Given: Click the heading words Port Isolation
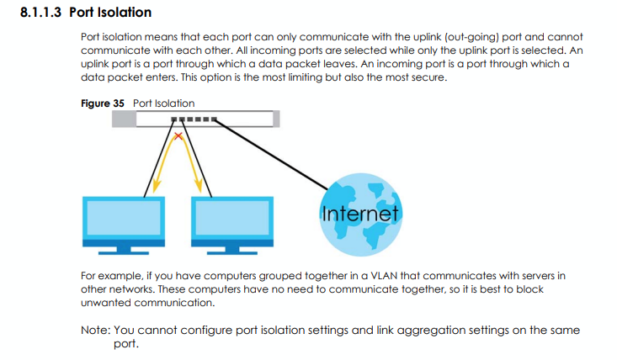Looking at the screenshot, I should [x=109, y=13].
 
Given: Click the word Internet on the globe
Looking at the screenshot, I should [x=359, y=214].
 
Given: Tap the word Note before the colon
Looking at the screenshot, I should [x=96, y=331].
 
